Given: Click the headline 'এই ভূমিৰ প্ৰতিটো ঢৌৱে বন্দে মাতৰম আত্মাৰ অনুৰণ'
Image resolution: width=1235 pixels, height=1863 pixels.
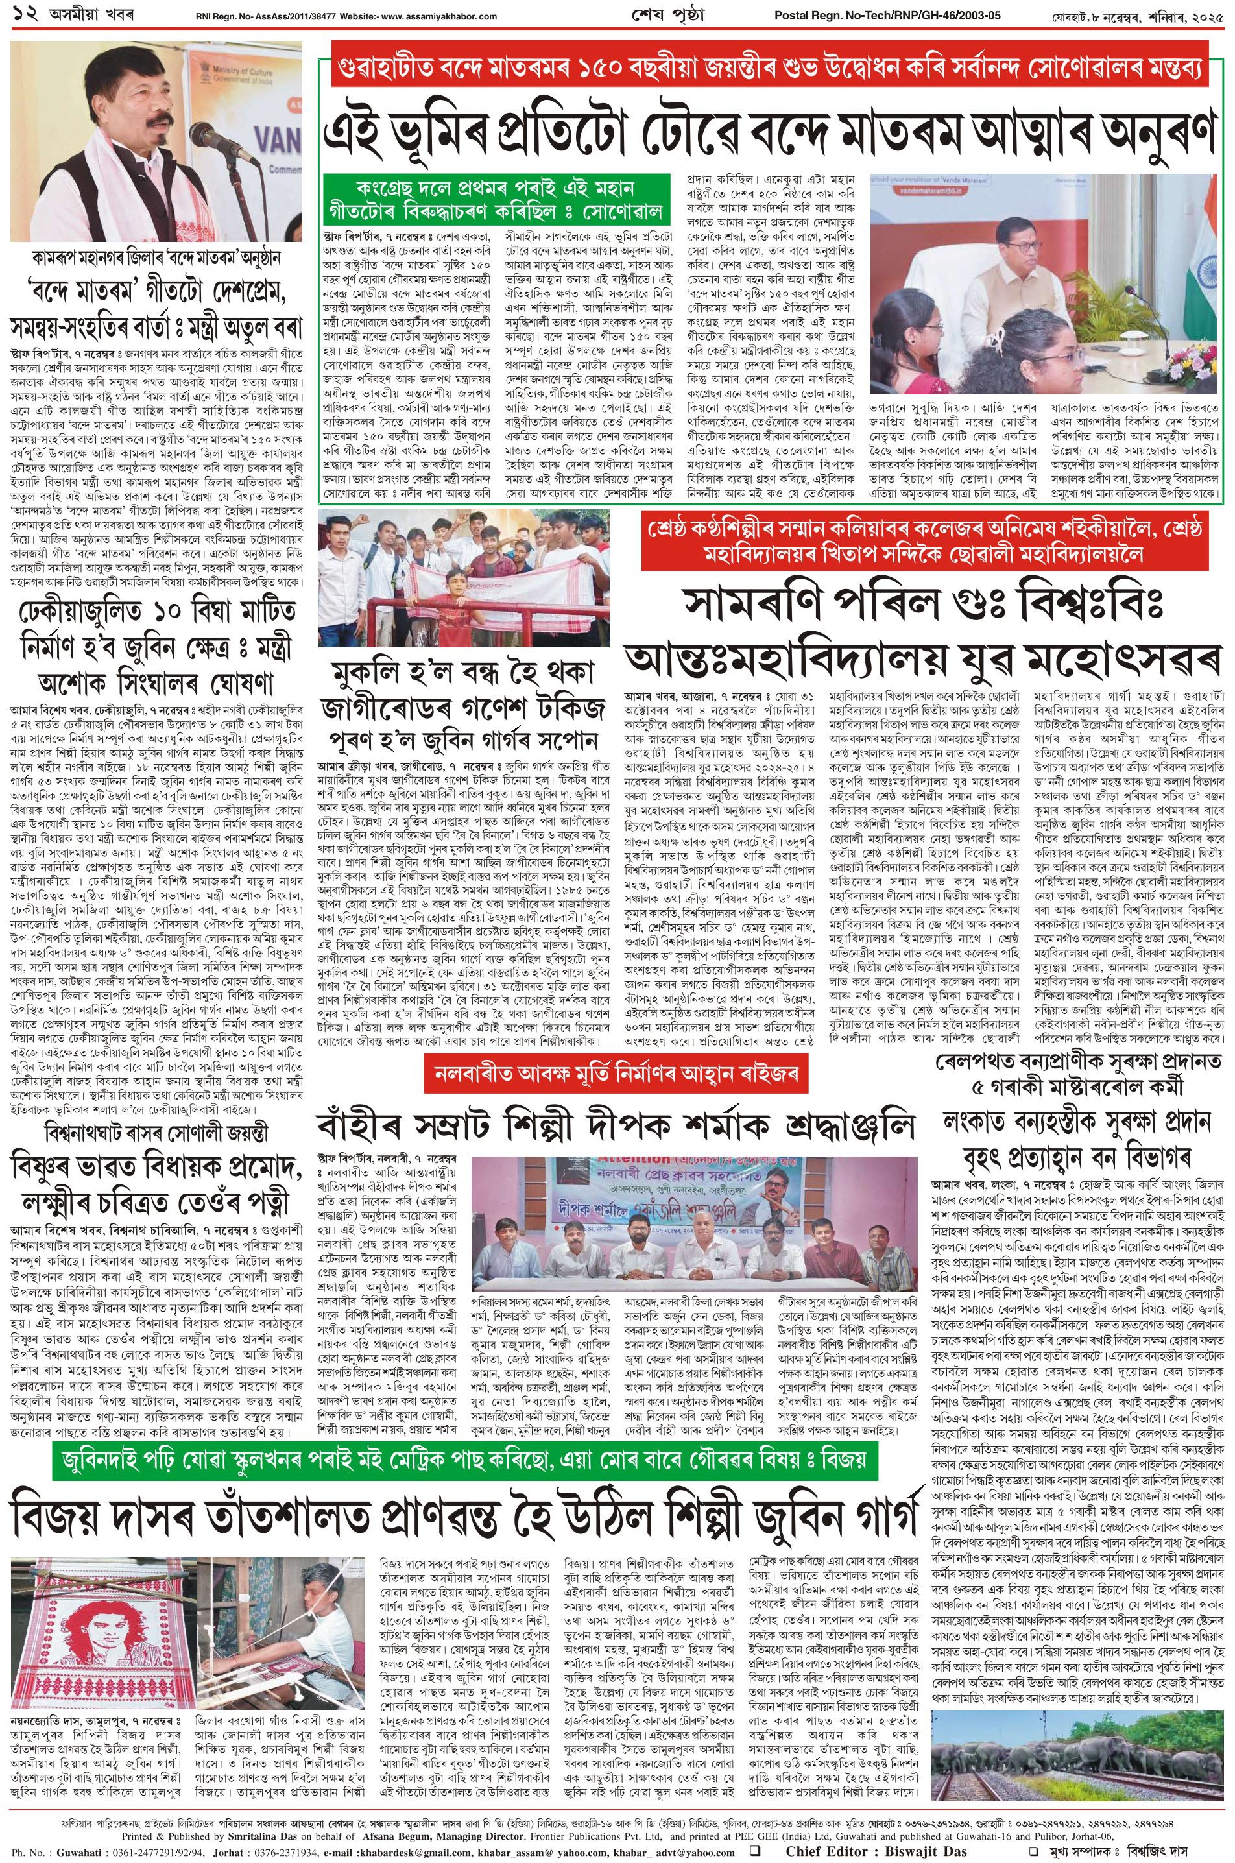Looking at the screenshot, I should (x=772, y=134).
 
